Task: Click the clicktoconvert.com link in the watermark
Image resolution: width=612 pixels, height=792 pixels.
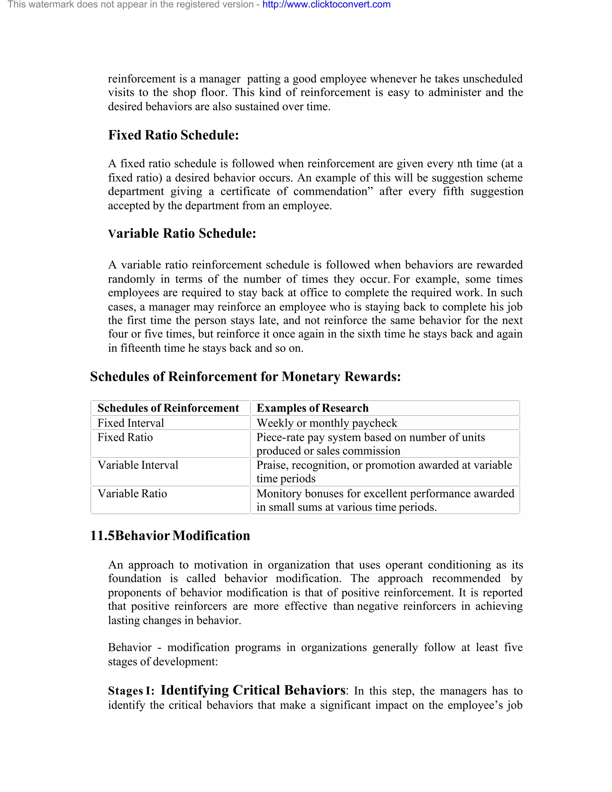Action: click(326, 5)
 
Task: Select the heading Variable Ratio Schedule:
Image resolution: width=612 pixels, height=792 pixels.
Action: click(182, 233)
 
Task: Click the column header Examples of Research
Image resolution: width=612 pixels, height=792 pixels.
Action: click(312, 408)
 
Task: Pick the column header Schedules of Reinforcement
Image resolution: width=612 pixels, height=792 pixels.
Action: click(168, 408)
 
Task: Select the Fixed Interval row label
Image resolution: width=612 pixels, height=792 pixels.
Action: click(131, 423)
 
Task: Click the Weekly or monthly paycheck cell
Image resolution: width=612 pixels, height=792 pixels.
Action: click(327, 423)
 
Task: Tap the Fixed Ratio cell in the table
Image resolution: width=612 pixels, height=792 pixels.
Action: click(125, 437)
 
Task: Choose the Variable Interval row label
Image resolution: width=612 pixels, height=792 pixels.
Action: click(138, 465)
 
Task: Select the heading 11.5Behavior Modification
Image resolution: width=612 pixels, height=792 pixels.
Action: click(170, 536)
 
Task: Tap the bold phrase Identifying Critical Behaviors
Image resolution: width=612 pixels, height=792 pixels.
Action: click(253, 690)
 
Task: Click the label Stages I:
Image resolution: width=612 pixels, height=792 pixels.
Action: click(131, 691)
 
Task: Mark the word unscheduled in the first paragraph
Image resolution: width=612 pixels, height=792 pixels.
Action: click(492, 79)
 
